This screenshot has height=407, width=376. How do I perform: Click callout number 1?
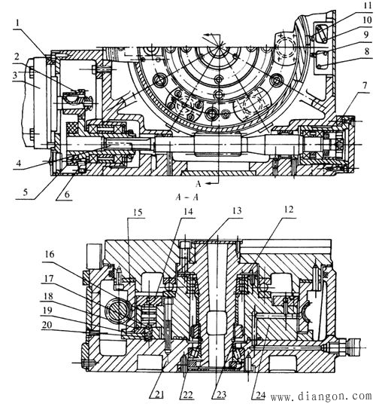coord(17,23)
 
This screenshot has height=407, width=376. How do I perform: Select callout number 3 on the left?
coord(15,75)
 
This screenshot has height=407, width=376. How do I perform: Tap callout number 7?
coord(365,85)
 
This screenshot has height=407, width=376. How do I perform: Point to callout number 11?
coord(368,5)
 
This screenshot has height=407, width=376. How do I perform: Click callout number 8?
coord(367,51)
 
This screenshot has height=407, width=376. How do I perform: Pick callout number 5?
coord(25,192)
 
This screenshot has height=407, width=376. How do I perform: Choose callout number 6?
coord(67,194)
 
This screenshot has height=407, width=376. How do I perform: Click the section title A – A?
coord(187,197)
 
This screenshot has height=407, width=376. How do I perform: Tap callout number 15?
coord(138,212)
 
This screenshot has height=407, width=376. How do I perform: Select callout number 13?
coord(236,210)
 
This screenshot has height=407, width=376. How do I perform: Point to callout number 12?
coord(288,210)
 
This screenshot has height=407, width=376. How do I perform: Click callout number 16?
coord(49,254)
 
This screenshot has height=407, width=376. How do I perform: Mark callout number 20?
coord(47,325)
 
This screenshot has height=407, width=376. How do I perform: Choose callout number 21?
coord(160,395)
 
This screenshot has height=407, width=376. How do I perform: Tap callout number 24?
coord(260,395)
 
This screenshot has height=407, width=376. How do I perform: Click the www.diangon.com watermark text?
coord(321,396)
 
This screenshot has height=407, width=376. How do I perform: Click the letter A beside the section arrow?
coord(198,184)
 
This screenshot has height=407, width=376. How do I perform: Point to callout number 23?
coord(221,395)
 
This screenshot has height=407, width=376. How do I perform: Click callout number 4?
coord(18,164)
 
